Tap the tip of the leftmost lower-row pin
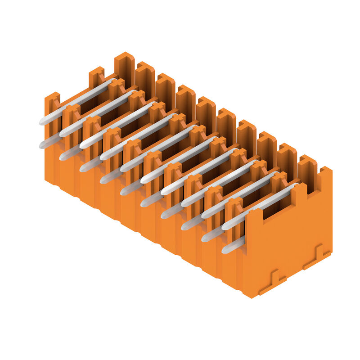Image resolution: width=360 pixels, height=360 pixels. [42, 145]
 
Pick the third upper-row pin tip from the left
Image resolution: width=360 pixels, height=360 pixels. [82, 145]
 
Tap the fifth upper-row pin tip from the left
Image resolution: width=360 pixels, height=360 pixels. [123, 168]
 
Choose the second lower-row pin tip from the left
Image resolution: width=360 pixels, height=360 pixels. [62, 157]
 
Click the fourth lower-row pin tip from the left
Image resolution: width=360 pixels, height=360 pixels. [103, 180]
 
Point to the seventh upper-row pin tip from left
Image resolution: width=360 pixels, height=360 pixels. [163, 192]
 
